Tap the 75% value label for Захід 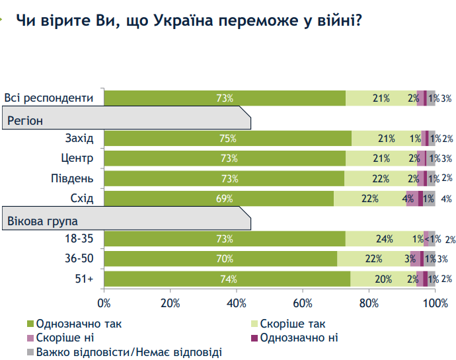[227, 138]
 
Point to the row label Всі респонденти [49, 98]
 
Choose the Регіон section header [26, 121]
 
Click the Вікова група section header [42, 220]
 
